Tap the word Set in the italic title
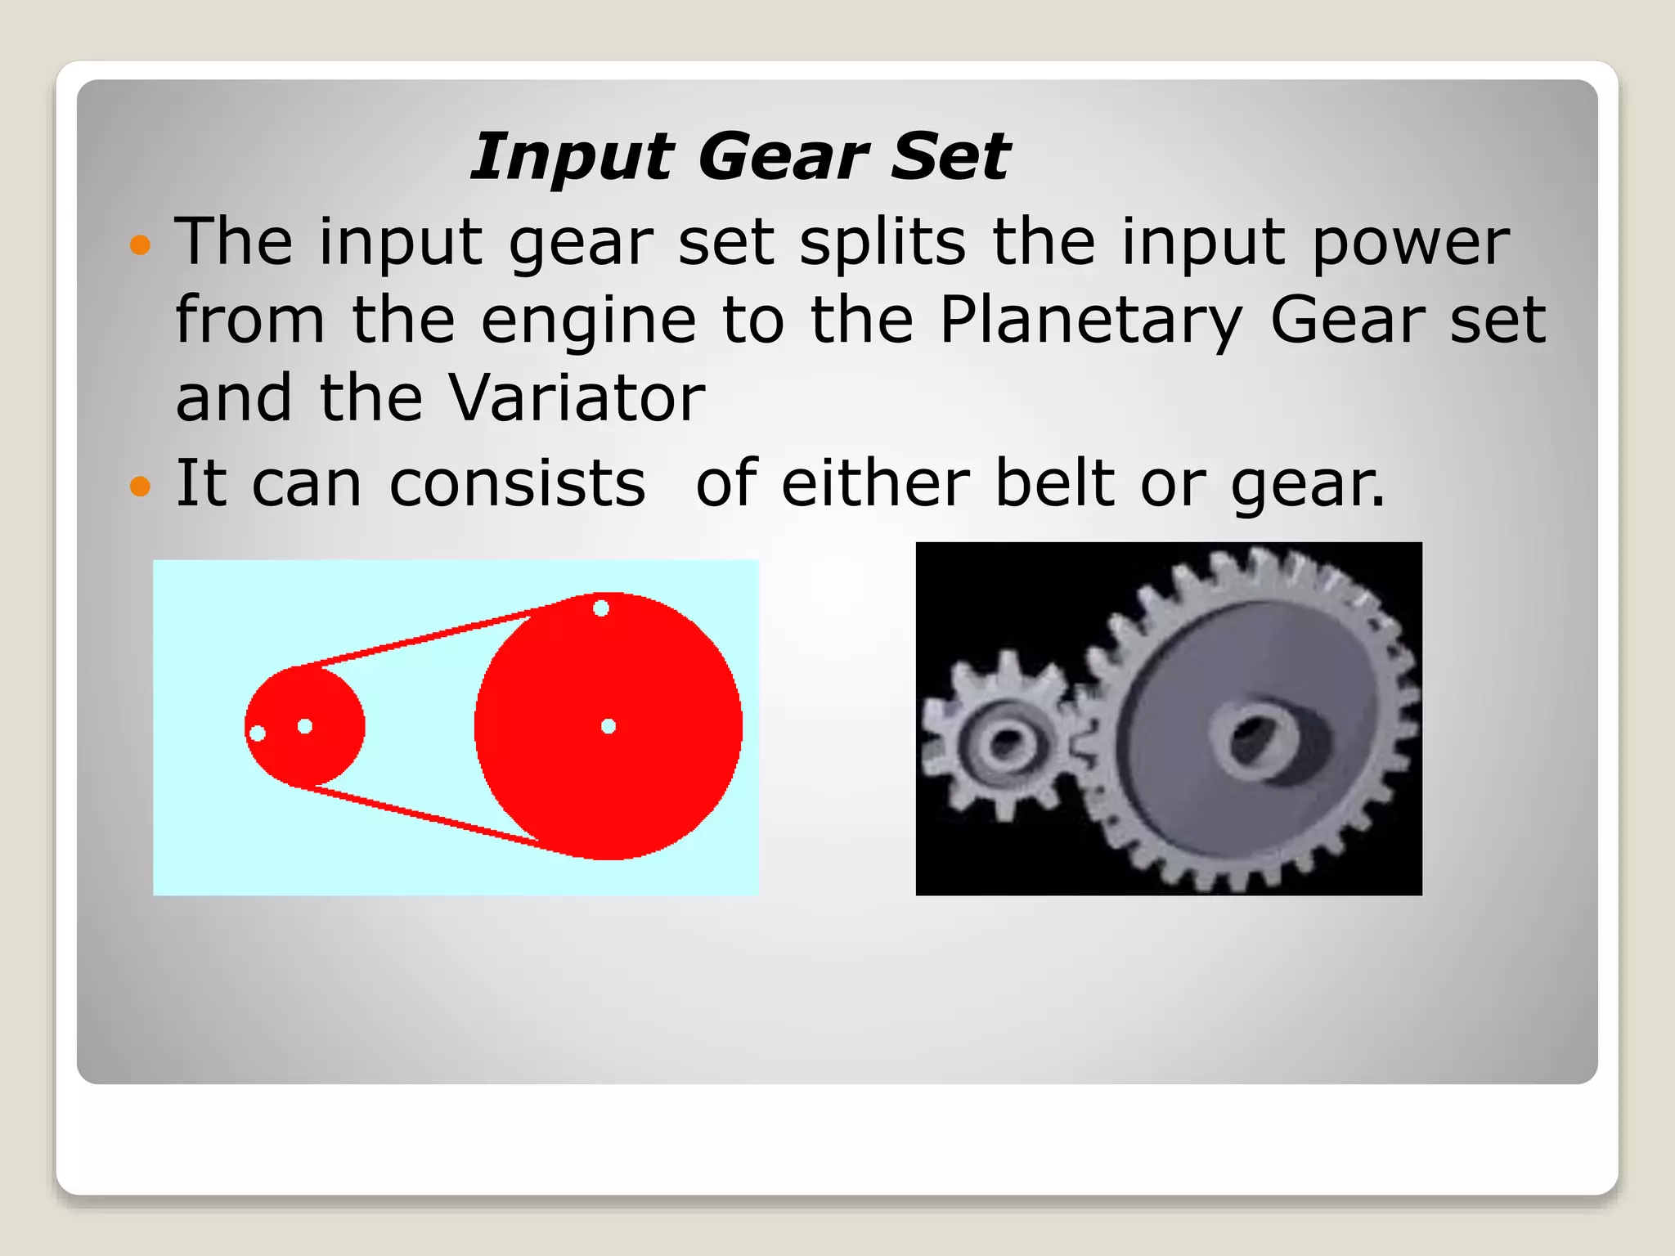pyautogui.click(x=950, y=156)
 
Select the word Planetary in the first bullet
pyautogui.click(x=1091, y=321)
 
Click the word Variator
pyautogui.click(x=577, y=398)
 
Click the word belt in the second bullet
pyautogui.click(x=1054, y=483)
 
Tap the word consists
pyautogui.click(x=517, y=483)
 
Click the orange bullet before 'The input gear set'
pyautogui.click(x=141, y=244)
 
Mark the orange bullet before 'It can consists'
pyautogui.click(x=141, y=486)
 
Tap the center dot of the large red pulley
pyautogui.click(x=608, y=726)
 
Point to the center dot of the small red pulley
pyautogui.click(x=305, y=726)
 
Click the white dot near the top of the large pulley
pyautogui.click(x=601, y=608)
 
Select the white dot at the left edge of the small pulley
pyautogui.click(x=257, y=733)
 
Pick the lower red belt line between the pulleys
pyautogui.click(x=425, y=814)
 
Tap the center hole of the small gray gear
pyautogui.click(x=1004, y=743)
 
